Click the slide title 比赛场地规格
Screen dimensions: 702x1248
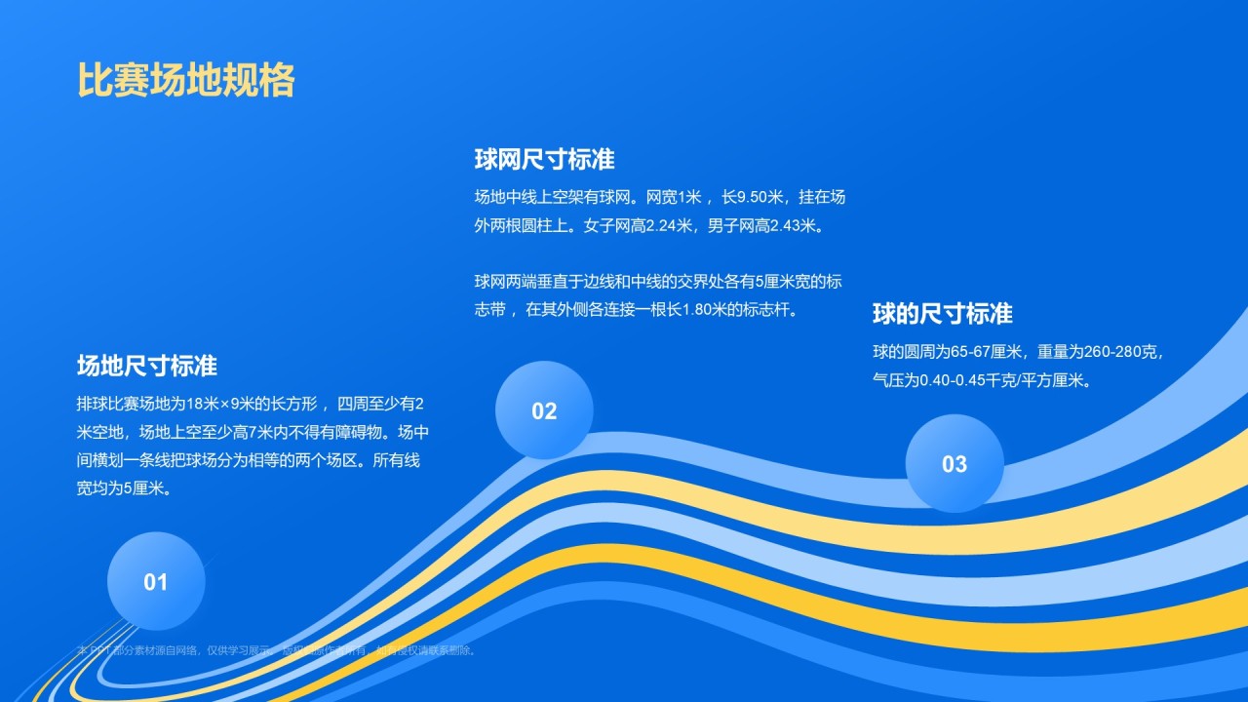[185, 81]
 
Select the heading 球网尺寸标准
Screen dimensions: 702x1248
[544, 159]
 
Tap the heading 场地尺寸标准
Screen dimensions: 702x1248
[146, 366]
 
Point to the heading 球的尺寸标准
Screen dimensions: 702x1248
[942, 314]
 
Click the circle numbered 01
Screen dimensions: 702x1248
[156, 581]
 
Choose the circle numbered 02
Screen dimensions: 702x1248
[544, 410]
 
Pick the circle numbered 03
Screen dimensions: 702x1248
[954, 464]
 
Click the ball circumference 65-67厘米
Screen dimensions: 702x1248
[985, 352]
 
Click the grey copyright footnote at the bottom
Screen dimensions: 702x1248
[278, 650]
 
